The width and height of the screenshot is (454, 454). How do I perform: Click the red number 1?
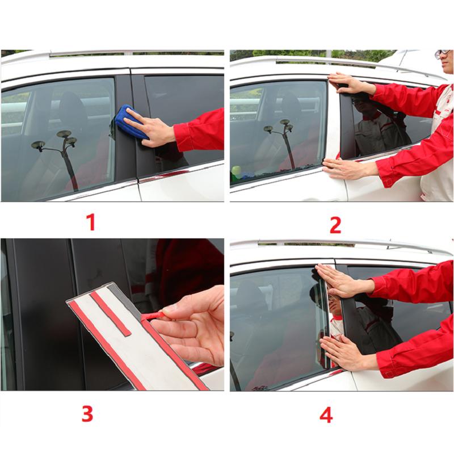pyautogui.click(x=90, y=222)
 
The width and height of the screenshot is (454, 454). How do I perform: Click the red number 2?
pyautogui.click(x=335, y=225)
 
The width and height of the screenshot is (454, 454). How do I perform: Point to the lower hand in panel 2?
pyautogui.click(x=346, y=168)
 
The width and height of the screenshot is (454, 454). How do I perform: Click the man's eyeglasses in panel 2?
pyautogui.click(x=443, y=54)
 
